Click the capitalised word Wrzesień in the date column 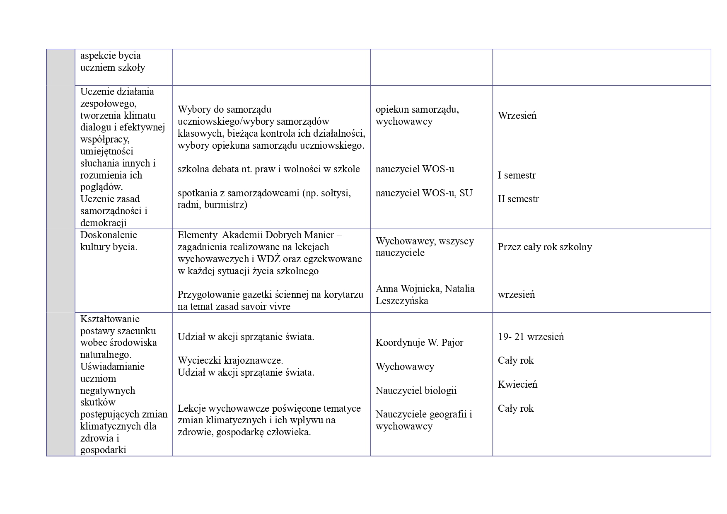(517, 116)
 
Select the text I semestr (517, 175)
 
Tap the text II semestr (518, 199)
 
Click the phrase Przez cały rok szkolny (545, 247)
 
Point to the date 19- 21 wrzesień (531, 337)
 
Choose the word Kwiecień (517, 384)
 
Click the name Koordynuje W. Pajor (419, 343)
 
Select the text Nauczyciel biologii (416, 391)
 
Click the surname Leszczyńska (402, 301)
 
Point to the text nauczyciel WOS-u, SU (424, 193)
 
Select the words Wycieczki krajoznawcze (230, 360)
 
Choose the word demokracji (103, 223)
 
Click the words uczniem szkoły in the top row (112, 68)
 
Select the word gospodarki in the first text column (103, 450)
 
